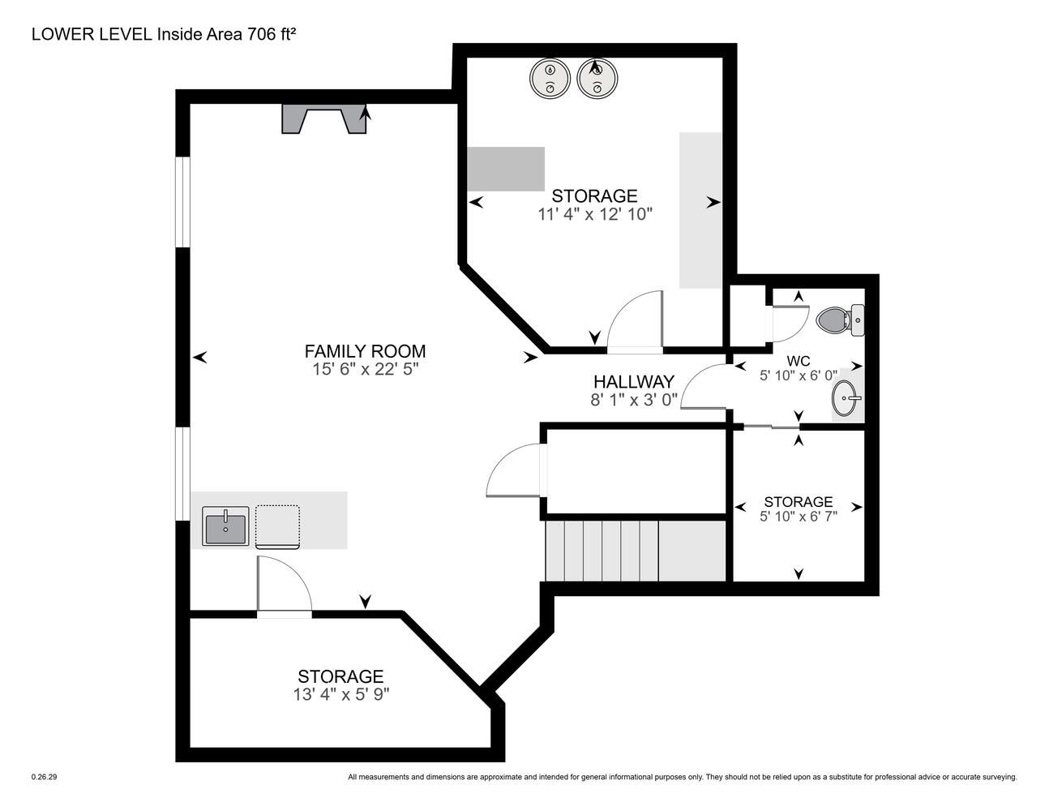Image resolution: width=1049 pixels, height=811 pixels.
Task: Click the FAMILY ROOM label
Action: [365, 351]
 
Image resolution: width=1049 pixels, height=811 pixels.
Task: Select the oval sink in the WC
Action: [846, 397]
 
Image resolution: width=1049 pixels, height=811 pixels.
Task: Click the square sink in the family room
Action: [225, 526]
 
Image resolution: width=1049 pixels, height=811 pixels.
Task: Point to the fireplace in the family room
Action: [324, 118]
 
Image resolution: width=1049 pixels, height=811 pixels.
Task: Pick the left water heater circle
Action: [550, 78]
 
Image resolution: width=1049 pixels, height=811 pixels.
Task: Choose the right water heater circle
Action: [597, 78]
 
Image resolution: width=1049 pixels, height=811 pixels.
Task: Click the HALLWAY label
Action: [633, 382]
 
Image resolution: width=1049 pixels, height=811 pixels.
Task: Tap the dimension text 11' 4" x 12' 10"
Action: [595, 214]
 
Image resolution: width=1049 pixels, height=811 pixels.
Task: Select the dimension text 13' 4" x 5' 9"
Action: [341, 694]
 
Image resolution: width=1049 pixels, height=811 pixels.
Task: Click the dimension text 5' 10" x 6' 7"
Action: [799, 517]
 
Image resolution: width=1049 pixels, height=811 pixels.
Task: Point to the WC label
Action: [799, 361]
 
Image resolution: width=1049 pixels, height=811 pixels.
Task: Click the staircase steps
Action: [636, 551]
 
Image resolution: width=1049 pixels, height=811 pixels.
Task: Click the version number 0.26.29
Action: [45, 777]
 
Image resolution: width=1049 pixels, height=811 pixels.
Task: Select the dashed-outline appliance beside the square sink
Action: [277, 527]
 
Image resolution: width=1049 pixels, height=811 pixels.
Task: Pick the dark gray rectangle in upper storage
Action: [506, 169]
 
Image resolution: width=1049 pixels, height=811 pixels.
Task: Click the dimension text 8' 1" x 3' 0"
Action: [634, 400]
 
